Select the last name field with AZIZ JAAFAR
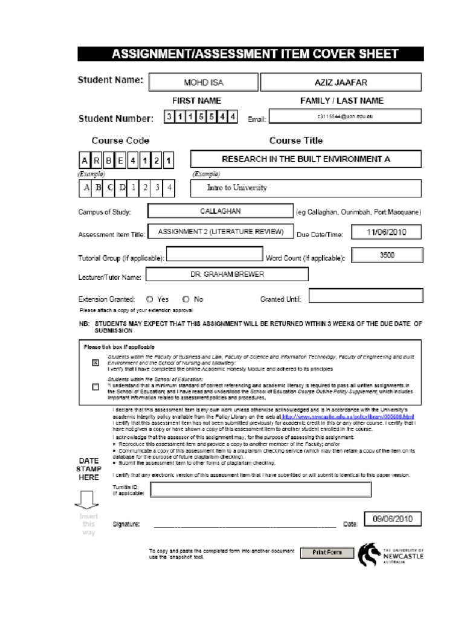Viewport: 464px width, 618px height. (x=341, y=82)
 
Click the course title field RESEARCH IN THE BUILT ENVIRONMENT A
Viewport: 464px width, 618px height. (x=306, y=159)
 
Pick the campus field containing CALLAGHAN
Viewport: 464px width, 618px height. (x=219, y=212)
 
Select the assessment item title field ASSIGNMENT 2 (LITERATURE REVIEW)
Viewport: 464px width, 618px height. (x=220, y=232)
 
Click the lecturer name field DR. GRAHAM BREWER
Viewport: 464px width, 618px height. (x=227, y=275)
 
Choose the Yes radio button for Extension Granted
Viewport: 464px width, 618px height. (x=149, y=299)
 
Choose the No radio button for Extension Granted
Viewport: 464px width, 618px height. (x=185, y=299)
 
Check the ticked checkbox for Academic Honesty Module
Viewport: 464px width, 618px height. (x=95, y=363)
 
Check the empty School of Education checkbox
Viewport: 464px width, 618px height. (x=95, y=387)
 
